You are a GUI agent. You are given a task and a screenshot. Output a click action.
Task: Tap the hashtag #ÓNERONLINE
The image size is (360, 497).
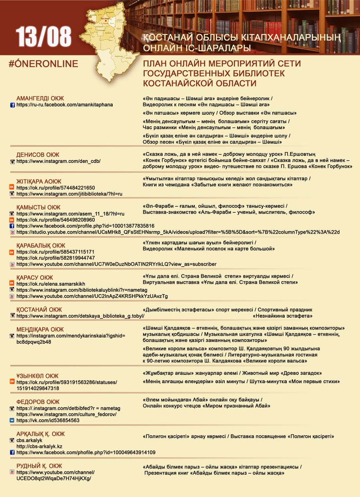point(43,64)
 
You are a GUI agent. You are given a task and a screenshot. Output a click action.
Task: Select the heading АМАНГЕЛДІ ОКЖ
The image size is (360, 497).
point(40,98)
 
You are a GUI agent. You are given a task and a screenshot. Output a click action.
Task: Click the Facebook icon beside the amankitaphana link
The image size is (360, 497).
point(12,105)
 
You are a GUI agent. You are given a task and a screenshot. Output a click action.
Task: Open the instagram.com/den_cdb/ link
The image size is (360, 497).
point(58,161)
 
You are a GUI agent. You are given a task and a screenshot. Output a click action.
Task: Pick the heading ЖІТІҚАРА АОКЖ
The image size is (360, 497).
point(39,181)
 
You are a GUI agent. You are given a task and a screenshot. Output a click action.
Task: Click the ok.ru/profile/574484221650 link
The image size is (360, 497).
point(55,188)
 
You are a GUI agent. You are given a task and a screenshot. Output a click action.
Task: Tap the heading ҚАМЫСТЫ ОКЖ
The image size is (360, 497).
point(38,207)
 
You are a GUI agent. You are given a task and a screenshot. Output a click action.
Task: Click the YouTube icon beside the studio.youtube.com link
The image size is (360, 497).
point(12,232)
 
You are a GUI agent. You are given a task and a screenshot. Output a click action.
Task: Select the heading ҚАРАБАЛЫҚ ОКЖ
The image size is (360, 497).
point(41,245)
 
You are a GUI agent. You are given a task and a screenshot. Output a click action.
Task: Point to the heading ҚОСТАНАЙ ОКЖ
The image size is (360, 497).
point(39,309)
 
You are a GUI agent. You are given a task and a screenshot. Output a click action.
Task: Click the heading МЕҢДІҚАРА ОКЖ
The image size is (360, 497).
point(40,329)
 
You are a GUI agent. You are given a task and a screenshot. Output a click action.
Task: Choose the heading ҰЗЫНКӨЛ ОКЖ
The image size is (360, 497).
point(38,376)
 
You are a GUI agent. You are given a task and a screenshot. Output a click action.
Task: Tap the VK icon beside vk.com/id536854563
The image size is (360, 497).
point(12,420)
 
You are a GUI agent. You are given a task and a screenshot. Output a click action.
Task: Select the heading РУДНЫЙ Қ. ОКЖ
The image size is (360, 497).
point(39,466)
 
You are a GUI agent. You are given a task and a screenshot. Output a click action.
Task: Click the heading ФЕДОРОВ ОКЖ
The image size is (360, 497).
point(38,402)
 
